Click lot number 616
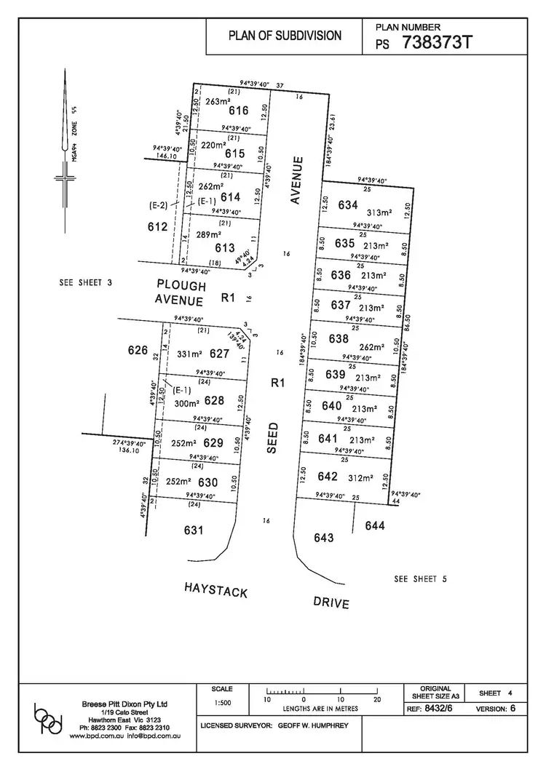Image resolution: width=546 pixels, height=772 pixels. [238, 111]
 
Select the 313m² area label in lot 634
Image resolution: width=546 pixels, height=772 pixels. [379, 212]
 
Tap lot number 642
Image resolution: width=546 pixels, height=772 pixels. [328, 477]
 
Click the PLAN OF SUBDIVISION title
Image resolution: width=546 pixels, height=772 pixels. [285, 35]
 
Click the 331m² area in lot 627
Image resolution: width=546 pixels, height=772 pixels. [189, 355]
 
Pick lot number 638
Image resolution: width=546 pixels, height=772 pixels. [339, 338]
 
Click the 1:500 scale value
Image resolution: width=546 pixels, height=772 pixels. [222, 704]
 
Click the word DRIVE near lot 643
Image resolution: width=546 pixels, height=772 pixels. [331, 602]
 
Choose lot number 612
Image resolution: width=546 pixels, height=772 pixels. [157, 227]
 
